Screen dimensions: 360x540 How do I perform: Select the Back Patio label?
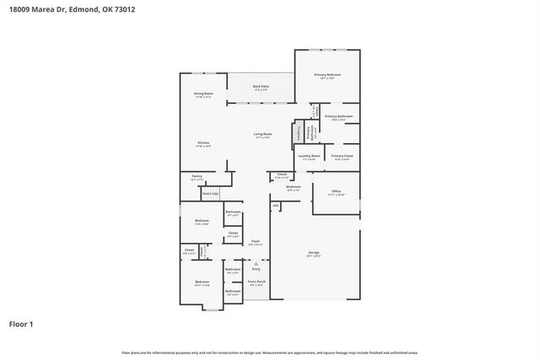261,86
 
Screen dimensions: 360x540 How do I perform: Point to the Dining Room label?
203,94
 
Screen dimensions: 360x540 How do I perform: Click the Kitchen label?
203,142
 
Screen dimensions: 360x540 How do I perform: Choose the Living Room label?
262,134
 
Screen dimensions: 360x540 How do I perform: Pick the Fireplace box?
298,133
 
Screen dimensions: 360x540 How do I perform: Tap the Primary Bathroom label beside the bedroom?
337,116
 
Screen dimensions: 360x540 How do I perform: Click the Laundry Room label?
310,156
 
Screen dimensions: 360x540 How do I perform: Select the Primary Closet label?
342,156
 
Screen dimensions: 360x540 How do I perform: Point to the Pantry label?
196,176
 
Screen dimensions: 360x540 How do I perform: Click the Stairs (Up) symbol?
211,193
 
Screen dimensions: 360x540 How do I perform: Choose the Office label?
336,191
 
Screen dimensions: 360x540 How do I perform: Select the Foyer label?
255,241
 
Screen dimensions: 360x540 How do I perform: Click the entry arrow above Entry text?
256,263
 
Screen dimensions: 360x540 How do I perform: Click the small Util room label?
275,205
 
